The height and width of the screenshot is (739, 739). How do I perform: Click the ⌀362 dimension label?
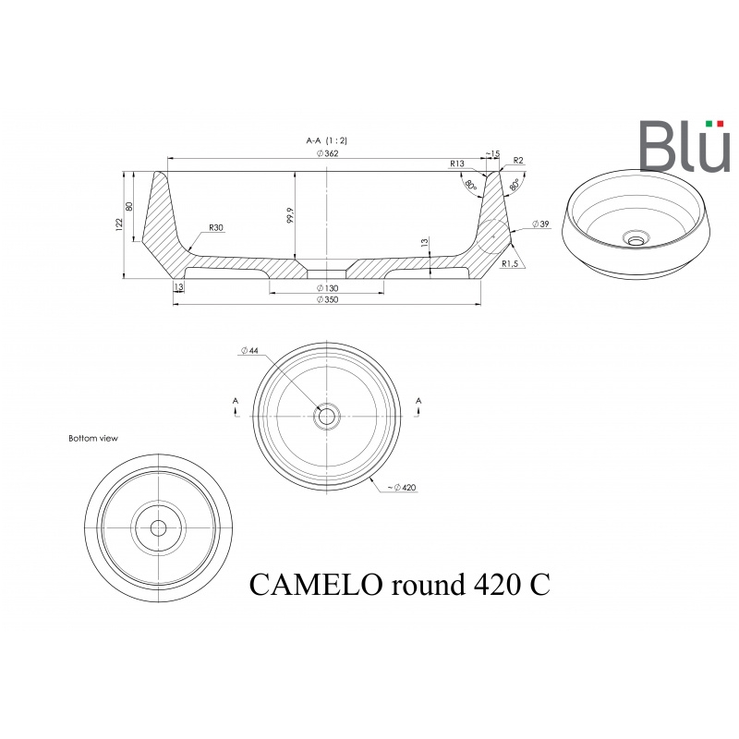point(327,153)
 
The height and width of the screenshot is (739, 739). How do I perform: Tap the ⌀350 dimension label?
point(327,299)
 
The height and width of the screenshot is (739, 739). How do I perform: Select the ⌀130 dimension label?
point(327,288)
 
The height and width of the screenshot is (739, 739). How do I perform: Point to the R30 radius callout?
point(215,227)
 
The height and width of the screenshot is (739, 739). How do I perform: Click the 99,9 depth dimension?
point(290,215)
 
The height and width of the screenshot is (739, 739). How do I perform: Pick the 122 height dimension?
point(119,224)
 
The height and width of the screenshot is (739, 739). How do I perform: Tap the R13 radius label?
point(457,164)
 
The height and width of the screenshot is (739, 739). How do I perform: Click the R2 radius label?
point(518,160)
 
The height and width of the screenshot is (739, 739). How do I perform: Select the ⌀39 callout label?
point(540,224)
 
